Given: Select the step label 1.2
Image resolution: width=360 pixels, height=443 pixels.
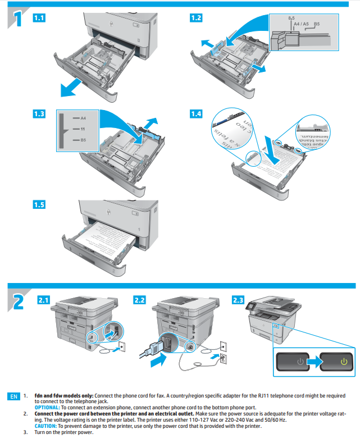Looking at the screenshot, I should (196, 18).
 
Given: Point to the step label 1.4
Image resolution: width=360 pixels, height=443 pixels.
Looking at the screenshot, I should (196, 114).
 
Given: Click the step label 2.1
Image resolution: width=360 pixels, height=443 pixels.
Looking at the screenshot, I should (43, 300).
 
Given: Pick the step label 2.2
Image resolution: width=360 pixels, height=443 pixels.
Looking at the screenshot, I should (140, 300).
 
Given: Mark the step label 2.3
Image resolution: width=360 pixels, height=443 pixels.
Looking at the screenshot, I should (238, 300).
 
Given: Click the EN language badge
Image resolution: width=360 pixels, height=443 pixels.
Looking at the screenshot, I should (13, 396).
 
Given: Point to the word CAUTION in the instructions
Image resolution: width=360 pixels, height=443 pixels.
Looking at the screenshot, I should (47, 426).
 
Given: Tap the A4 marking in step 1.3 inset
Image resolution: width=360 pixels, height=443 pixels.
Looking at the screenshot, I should (83, 118).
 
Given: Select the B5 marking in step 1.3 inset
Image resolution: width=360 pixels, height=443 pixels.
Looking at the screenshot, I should (83, 140).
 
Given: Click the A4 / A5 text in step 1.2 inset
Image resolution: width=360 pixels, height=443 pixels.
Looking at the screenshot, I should (301, 24).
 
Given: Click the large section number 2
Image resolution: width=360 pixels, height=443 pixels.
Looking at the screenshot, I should (18, 301).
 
